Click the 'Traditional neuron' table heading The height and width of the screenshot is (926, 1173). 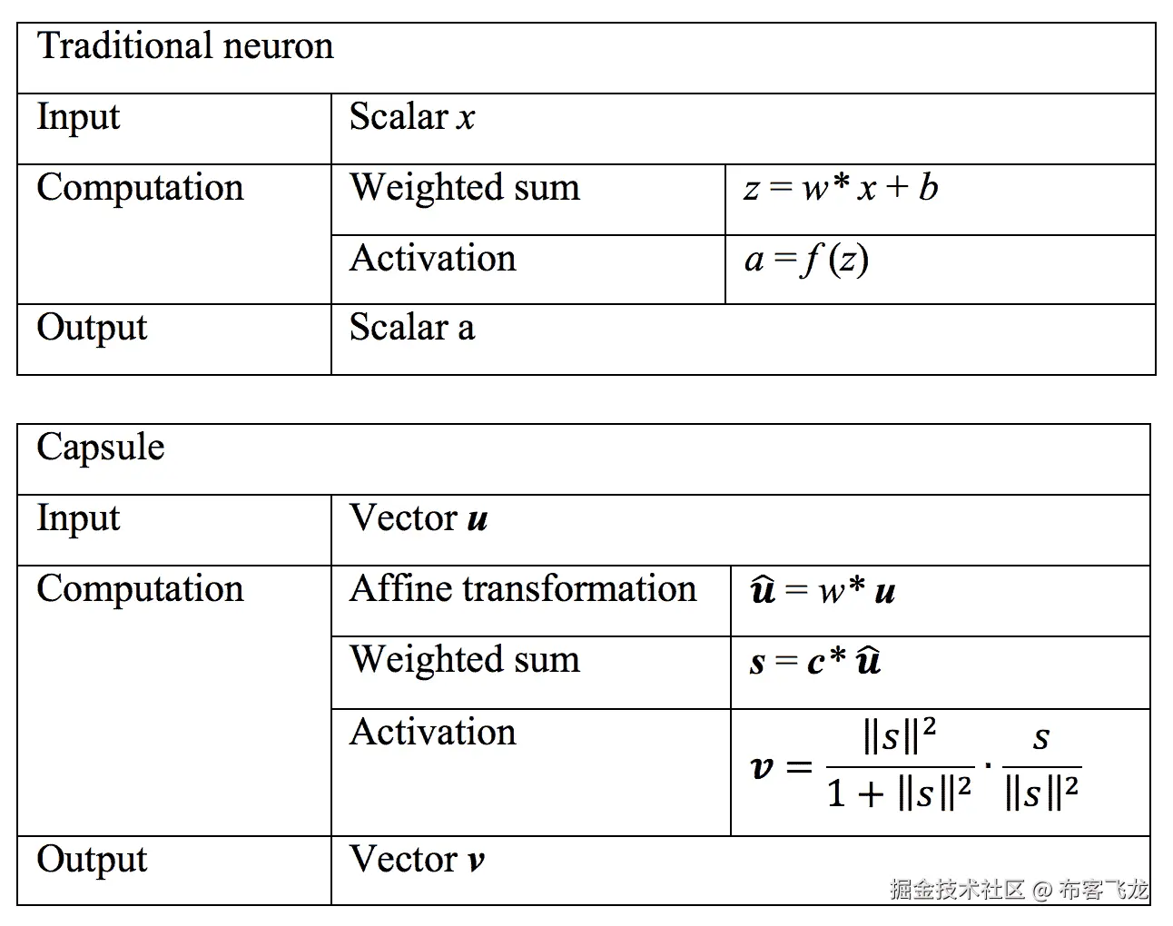click(x=185, y=46)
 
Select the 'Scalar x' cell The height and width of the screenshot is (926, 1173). click(x=412, y=117)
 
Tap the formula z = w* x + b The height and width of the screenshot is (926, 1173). click(x=841, y=188)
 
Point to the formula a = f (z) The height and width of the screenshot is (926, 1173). click(x=806, y=261)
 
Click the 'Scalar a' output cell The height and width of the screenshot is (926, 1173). click(x=412, y=328)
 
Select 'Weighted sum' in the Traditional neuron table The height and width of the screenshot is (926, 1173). click(x=464, y=188)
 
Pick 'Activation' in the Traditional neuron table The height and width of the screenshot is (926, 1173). click(x=432, y=259)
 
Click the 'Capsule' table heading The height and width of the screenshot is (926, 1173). click(x=101, y=448)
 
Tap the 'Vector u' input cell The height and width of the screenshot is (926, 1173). click(x=419, y=518)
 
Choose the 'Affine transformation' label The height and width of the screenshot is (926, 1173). click(x=523, y=589)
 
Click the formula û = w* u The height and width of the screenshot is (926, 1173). click(x=823, y=591)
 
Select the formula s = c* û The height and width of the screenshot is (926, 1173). click(x=814, y=662)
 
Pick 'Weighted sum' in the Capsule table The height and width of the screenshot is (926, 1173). click(x=464, y=660)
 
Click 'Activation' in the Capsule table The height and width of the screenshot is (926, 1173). click(x=432, y=733)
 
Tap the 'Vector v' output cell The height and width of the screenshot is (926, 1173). click(x=417, y=860)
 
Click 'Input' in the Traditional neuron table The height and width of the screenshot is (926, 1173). click(x=78, y=118)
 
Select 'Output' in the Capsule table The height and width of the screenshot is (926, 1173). click(x=92, y=860)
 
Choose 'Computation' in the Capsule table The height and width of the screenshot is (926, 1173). click(x=140, y=589)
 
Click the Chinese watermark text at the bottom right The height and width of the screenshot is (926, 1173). click(x=1019, y=889)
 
